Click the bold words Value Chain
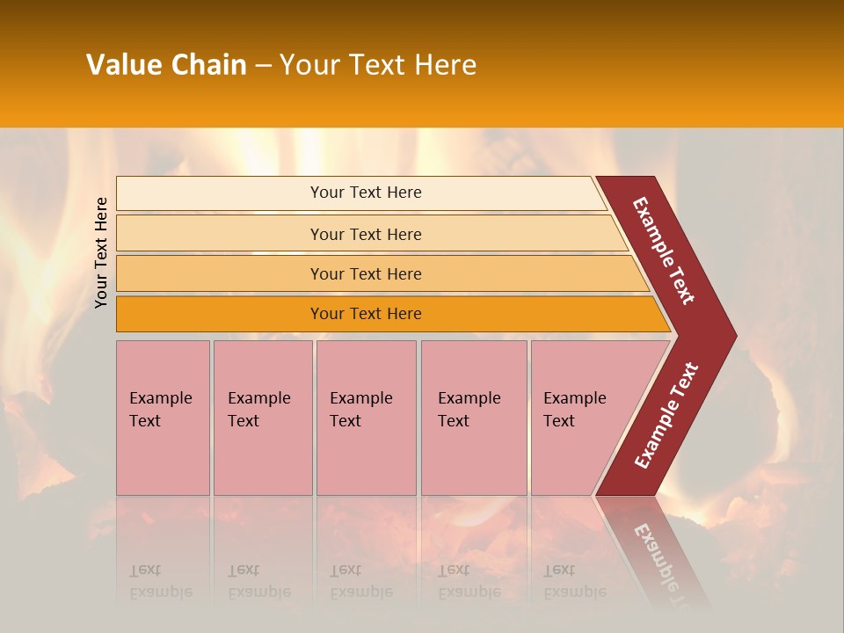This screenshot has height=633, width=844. [166, 65]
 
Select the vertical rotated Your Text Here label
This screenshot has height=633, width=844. [102, 252]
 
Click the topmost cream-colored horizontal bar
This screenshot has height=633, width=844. [365, 193]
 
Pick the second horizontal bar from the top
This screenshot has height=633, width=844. [366, 234]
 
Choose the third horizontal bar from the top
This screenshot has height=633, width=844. [366, 274]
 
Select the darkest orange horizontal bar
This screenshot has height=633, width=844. [366, 314]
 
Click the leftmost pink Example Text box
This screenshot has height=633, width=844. [163, 418]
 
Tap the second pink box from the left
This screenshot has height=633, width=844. [262, 418]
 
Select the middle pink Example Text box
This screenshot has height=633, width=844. [365, 418]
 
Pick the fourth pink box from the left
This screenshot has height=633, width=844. [473, 418]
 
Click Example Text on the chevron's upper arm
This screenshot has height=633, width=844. [664, 251]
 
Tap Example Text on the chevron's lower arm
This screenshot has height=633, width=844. [666, 416]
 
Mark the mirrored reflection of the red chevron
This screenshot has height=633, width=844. [655, 554]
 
